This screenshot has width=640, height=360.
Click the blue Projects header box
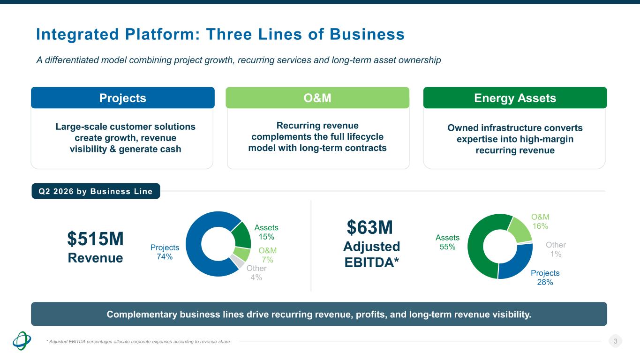click(x=122, y=97)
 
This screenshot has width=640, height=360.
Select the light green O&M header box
click(x=317, y=97)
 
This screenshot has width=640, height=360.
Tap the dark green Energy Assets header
click(x=515, y=97)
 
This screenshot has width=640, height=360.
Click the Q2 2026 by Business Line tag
click(x=96, y=191)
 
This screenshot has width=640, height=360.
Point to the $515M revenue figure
click(x=96, y=239)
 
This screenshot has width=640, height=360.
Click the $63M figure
click(x=370, y=227)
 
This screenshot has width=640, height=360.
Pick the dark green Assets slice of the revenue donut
click(x=241, y=235)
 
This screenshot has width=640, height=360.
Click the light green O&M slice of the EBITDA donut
click(x=520, y=229)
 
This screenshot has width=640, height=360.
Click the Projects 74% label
click(x=165, y=252)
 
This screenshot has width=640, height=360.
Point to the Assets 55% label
click(x=447, y=242)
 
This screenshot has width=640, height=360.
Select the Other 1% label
click(x=556, y=249)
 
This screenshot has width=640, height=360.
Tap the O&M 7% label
click(x=268, y=255)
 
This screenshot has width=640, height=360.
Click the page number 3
click(x=616, y=341)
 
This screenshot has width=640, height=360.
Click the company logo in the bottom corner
click(x=22, y=341)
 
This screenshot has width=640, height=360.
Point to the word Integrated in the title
click(x=77, y=34)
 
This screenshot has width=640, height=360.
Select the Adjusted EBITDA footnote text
click(x=138, y=342)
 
